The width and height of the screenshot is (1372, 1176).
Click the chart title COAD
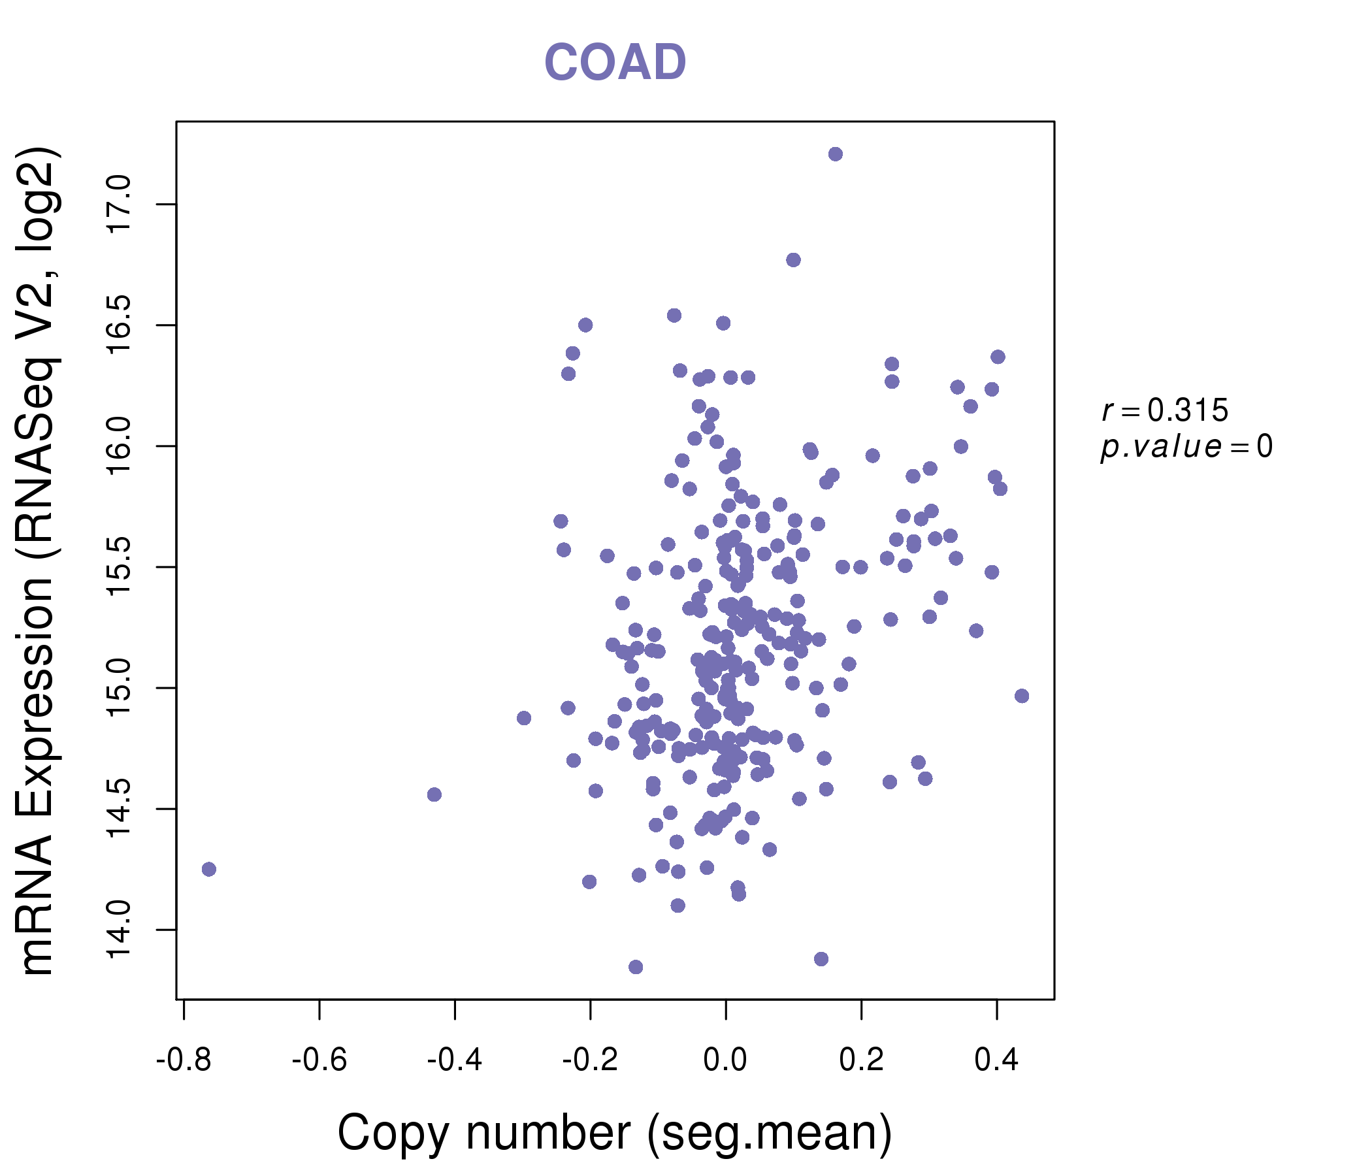pyautogui.click(x=615, y=63)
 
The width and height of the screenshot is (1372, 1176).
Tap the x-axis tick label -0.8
pyautogui.click(x=184, y=1060)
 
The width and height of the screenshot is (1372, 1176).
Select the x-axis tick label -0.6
pyautogui.click(x=319, y=1060)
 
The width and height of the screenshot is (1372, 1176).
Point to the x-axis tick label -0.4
pyautogui.click(x=455, y=1060)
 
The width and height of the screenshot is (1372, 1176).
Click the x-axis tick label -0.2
pyautogui.click(x=590, y=1060)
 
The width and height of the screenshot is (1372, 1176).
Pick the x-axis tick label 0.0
pyautogui.click(x=725, y=1060)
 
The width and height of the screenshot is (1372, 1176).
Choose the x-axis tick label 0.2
pyautogui.click(x=861, y=1060)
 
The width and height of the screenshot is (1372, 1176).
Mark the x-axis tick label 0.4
pyautogui.click(x=996, y=1060)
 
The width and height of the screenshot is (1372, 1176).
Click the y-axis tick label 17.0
pyautogui.click(x=120, y=204)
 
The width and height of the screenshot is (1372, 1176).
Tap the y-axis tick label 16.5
pyautogui.click(x=120, y=325)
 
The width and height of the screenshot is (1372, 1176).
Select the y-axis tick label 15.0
pyautogui.click(x=120, y=688)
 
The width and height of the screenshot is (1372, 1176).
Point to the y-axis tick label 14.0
pyautogui.click(x=120, y=930)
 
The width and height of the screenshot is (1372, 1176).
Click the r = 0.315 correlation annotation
pyautogui.click(x=1165, y=410)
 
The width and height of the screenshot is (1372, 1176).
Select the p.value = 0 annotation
pyautogui.click(x=1186, y=447)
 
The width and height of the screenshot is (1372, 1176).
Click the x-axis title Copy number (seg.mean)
pyautogui.click(x=615, y=1133)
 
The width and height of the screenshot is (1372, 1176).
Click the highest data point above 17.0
pyautogui.click(x=836, y=154)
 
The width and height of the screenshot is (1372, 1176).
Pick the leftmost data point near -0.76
pyautogui.click(x=208, y=870)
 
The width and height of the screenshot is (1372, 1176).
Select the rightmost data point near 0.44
pyautogui.click(x=1022, y=696)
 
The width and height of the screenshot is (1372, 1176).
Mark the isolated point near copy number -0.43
pyautogui.click(x=434, y=794)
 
